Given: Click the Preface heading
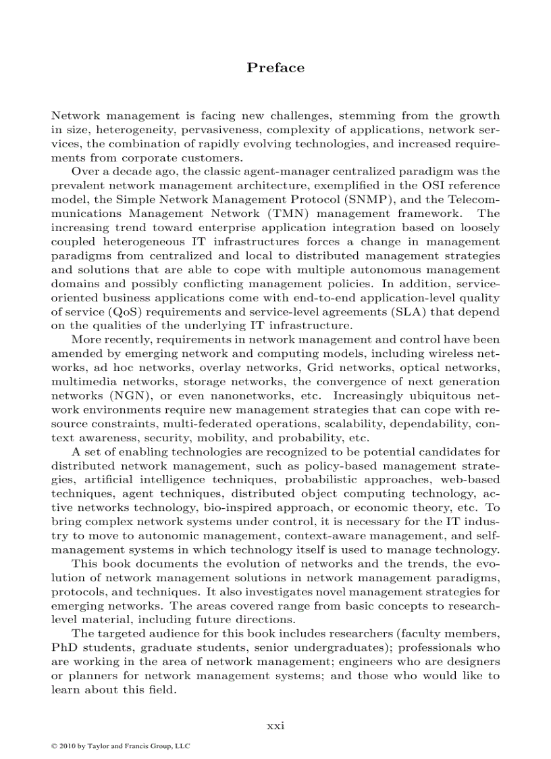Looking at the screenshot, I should pyautogui.click(x=275, y=68).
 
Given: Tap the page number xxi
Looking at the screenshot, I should pyautogui.click(x=275, y=725).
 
